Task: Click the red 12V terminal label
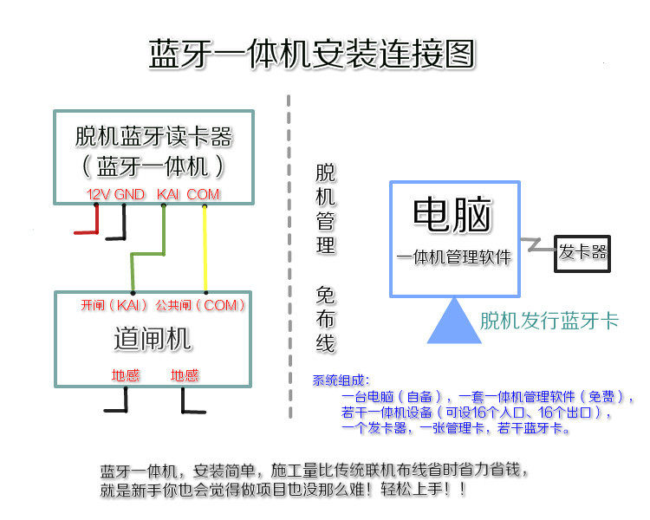(x=99, y=194)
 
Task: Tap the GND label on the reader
(x=129, y=194)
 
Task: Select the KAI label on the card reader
(x=168, y=194)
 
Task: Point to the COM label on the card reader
(x=203, y=194)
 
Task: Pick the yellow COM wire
(x=205, y=249)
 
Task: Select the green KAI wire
(x=147, y=253)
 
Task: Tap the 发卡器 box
(x=582, y=254)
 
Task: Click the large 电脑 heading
(x=452, y=215)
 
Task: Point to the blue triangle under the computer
(x=454, y=321)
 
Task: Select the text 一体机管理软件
(x=454, y=257)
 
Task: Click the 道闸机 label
(x=153, y=339)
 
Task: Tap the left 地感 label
(x=126, y=375)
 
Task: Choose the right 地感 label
(x=185, y=375)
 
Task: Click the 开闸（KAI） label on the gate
(x=114, y=306)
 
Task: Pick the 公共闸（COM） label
(x=200, y=306)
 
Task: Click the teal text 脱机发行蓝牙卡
(x=549, y=321)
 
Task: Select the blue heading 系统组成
(x=341, y=380)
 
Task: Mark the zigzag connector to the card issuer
(x=537, y=245)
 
